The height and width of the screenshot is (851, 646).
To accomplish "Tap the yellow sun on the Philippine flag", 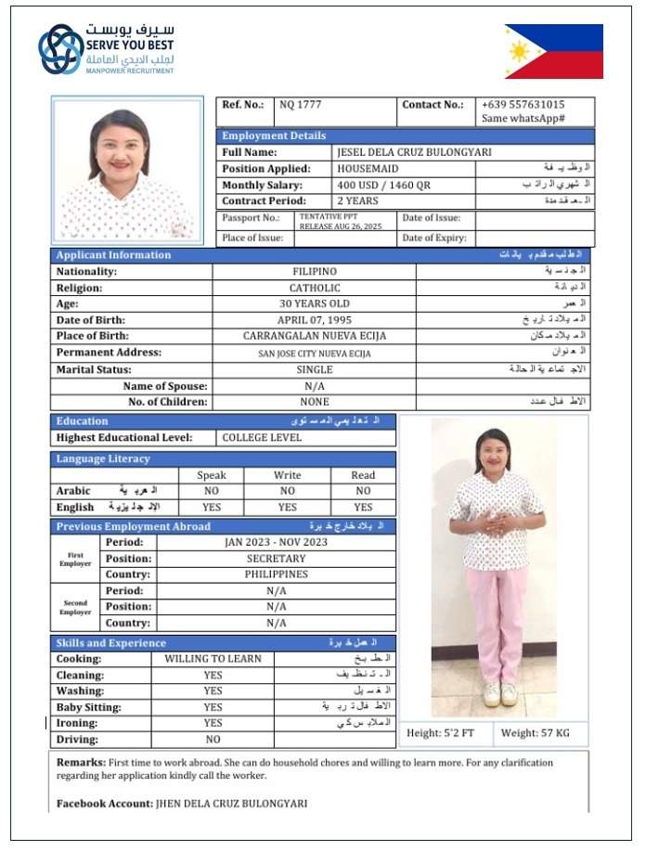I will click(519, 51).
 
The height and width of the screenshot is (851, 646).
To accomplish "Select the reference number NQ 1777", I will click(300, 105).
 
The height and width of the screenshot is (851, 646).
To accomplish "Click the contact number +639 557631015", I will click(523, 105).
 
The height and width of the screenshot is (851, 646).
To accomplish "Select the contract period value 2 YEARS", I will click(357, 200).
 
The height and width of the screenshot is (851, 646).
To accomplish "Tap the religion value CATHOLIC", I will click(314, 288).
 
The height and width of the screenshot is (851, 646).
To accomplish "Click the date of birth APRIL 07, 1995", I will click(314, 320).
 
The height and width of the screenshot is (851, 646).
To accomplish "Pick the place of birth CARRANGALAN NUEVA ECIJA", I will click(314, 336).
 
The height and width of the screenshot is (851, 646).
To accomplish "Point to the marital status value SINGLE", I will click(314, 369).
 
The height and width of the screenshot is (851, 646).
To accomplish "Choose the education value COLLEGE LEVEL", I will click(261, 437).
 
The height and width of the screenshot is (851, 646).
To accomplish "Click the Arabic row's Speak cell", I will click(212, 491).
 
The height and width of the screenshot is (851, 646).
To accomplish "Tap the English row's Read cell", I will click(363, 508).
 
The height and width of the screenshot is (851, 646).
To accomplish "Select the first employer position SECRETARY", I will click(276, 559).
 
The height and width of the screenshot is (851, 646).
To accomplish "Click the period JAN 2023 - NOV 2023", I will click(276, 542).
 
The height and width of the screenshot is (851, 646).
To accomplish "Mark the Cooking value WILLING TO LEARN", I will click(213, 659).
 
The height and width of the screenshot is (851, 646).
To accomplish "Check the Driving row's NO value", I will click(213, 740).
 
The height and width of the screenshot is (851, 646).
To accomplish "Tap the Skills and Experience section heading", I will click(110, 643).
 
